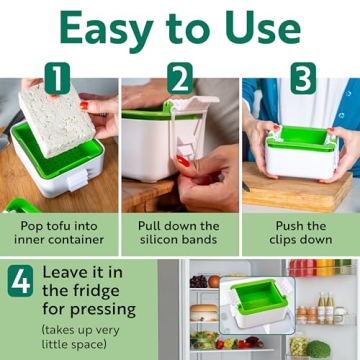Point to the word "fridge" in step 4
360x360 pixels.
(67, 313)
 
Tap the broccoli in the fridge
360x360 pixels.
(318, 348)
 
